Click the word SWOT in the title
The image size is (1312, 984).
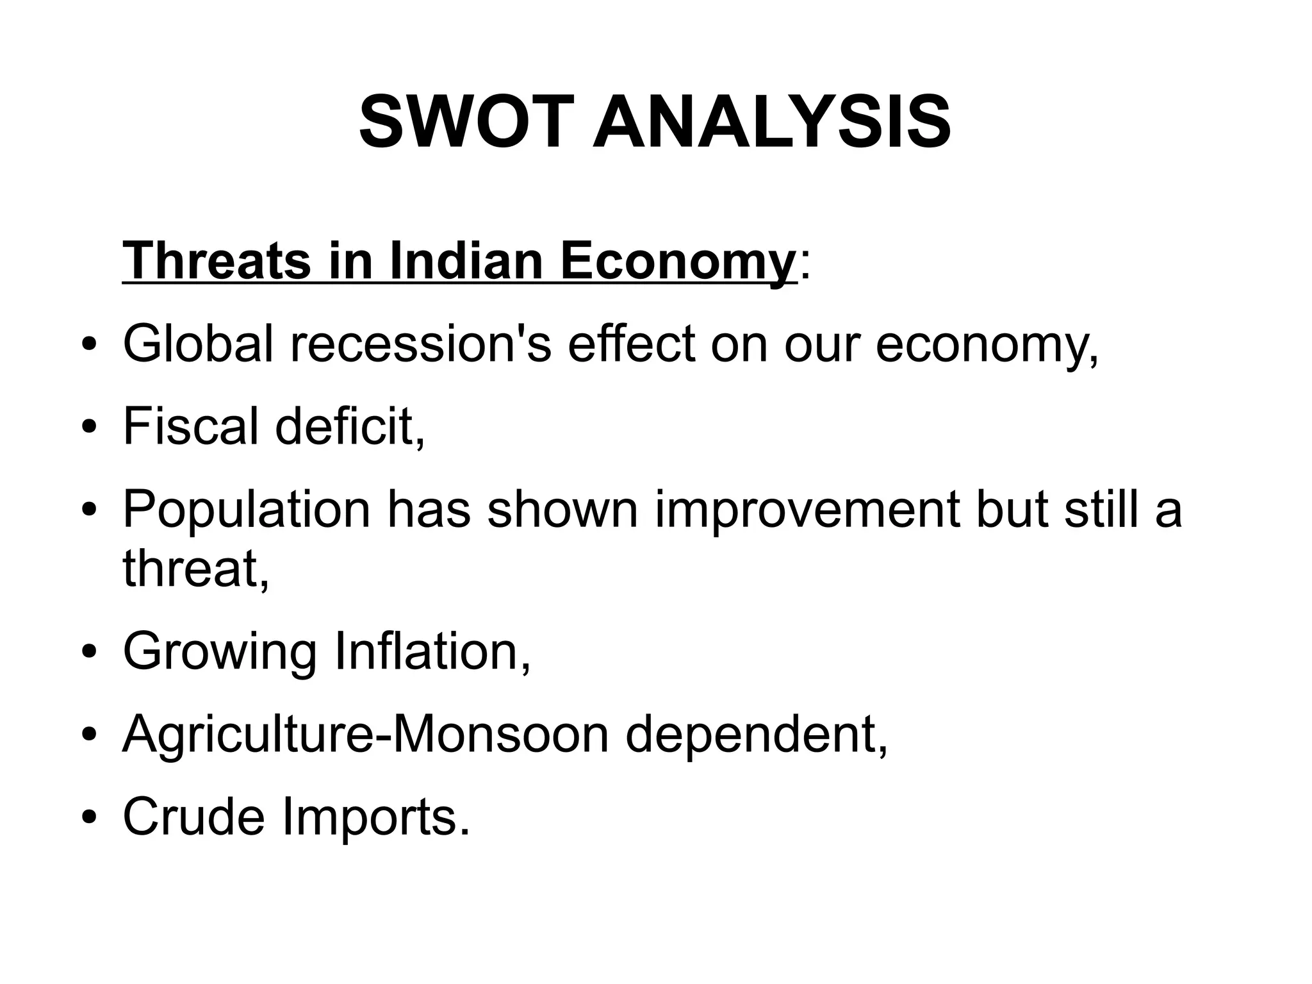click(464, 122)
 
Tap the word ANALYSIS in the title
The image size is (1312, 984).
click(772, 122)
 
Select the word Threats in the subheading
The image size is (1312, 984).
click(217, 261)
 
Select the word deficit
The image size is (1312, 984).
click(349, 426)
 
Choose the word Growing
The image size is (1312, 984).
click(219, 651)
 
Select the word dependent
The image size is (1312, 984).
click(756, 734)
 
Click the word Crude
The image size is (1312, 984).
click(193, 816)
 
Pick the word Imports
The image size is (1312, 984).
click(375, 816)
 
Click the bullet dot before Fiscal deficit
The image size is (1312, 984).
click(90, 428)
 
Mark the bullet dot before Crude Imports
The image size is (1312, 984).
click(90, 818)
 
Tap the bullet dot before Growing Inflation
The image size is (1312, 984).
click(90, 653)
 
